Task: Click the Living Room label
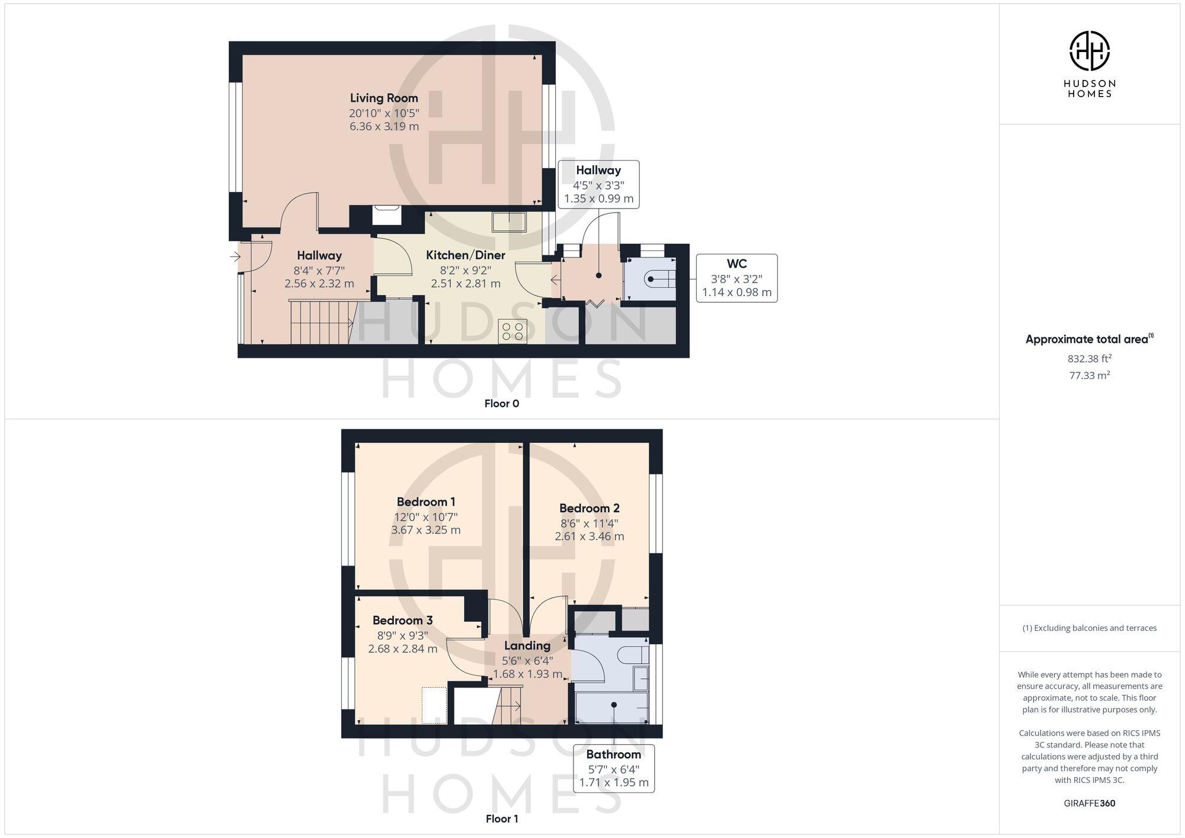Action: [x=384, y=98]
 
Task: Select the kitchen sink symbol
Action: [x=508, y=221]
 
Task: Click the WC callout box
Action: [x=736, y=278]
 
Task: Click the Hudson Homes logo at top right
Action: [x=1089, y=64]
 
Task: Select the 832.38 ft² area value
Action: [x=1089, y=359]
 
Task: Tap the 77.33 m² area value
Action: [x=1089, y=375]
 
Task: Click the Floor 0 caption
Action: [x=501, y=404]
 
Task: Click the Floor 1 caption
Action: [x=501, y=819]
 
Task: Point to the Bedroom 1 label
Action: [x=425, y=502]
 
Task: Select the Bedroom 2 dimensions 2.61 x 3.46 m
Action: [x=589, y=537]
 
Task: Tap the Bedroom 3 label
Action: [x=402, y=621]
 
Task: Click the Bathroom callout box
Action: [x=613, y=768]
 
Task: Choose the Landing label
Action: [x=527, y=646]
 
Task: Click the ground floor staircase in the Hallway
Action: [x=320, y=323]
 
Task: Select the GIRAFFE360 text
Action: [x=1089, y=804]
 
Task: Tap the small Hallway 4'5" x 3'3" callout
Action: [x=598, y=184]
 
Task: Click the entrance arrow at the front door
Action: [x=235, y=257]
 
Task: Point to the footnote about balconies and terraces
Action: [x=1089, y=628]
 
